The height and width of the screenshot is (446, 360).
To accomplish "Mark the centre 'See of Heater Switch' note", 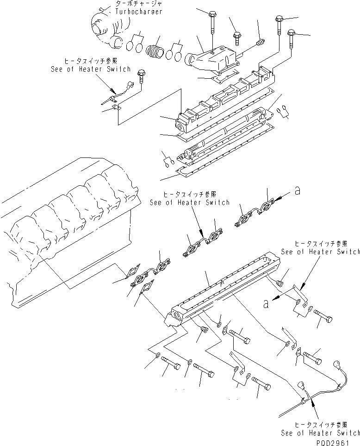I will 189,202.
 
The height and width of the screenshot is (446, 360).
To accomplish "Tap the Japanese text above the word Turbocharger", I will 133,4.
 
